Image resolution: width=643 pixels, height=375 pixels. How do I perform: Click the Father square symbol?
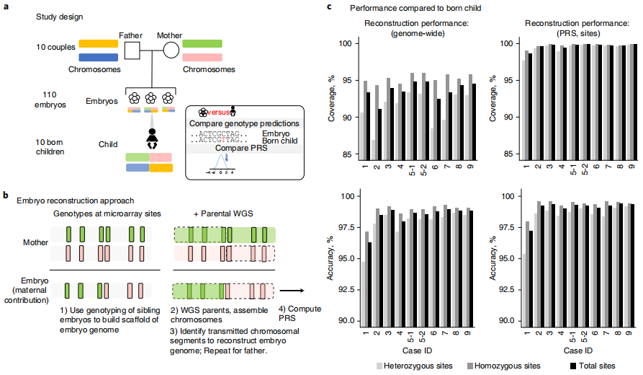[x=131, y=50]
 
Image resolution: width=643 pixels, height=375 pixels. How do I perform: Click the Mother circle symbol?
[x=171, y=50]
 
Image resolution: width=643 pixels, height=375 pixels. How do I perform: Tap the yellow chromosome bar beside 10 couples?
[x=98, y=45]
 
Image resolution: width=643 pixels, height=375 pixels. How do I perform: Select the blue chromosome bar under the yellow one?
[x=98, y=58]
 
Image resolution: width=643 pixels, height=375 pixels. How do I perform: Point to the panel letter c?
[x=330, y=6]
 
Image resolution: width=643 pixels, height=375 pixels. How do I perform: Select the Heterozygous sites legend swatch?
[x=381, y=366]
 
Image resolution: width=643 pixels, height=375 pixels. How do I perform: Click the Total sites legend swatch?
[x=575, y=366]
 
